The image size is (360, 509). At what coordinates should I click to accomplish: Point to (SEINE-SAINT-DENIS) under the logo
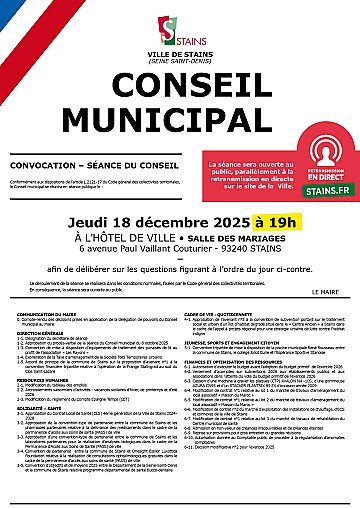pyautogui.click(x=180, y=48)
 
